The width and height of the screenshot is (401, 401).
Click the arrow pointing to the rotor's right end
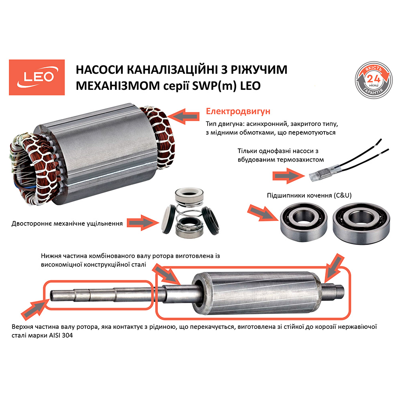(332, 267)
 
